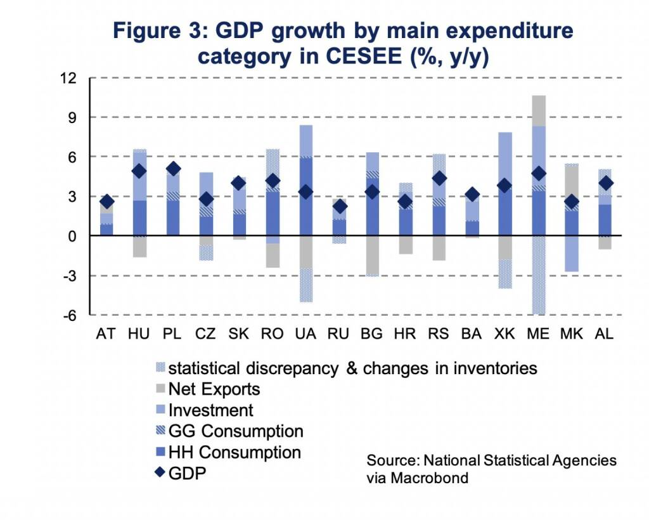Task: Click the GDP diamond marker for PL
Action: (x=173, y=169)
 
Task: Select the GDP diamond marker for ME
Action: (x=538, y=174)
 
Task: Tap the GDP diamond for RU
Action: (x=340, y=206)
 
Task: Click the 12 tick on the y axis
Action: (x=68, y=78)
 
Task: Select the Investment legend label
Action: (x=210, y=410)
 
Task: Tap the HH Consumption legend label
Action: (x=234, y=453)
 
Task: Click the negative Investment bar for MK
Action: (x=572, y=254)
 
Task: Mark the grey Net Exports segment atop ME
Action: (x=538, y=110)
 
